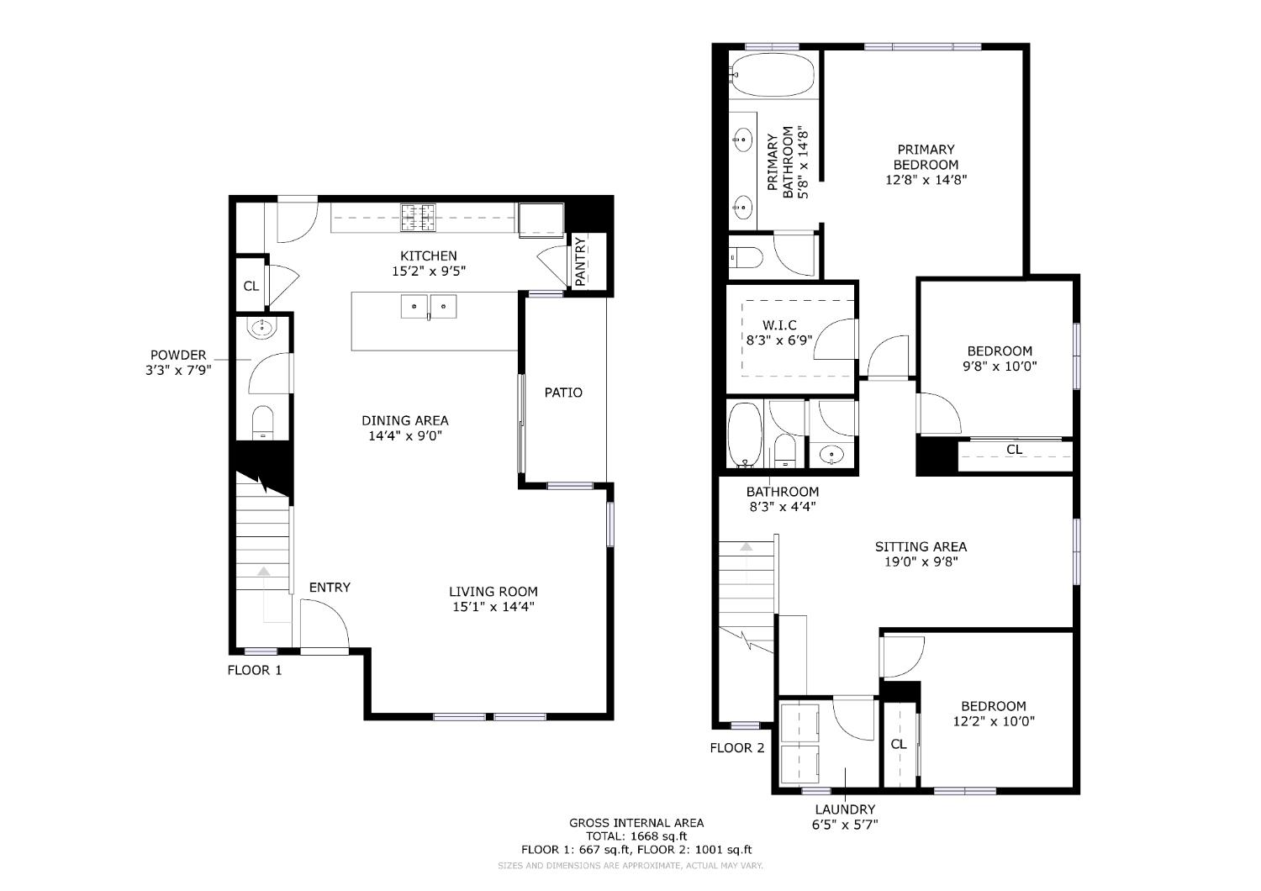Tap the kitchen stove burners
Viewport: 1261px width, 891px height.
pos(419,218)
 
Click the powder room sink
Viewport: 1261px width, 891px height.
pos(261,328)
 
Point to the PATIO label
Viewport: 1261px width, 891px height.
pos(563,393)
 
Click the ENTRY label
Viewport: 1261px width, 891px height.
pos(330,588)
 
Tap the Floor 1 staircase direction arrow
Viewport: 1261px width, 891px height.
pos(264,572)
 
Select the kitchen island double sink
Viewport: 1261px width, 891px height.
pos(429,308)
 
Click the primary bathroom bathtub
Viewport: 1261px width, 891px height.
pos(773,75)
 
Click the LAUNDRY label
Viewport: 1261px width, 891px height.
pos(845,809)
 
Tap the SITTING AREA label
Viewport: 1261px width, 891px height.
pos(921,547)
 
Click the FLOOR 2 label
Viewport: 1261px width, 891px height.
pos(737,748)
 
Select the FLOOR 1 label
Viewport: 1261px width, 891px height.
pos(255,670)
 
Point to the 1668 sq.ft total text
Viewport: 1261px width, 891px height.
pos(636,836)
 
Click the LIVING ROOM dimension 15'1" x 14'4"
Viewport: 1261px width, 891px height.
pos(493,606)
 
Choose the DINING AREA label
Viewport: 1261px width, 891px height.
pos(405,420)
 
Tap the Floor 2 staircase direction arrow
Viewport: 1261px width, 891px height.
pos(746,548)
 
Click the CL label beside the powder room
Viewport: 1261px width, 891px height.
pos(251,287)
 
